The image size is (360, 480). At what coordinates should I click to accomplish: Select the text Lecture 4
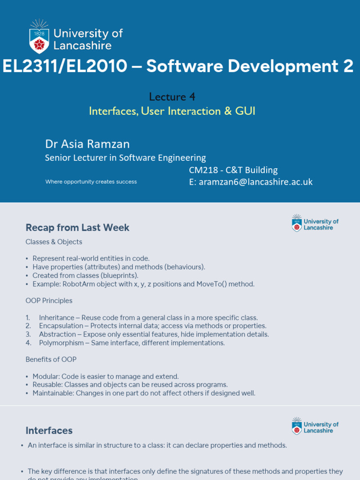tap(172, 97)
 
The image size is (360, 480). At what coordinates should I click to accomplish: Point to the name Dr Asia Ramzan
tap(87, 143)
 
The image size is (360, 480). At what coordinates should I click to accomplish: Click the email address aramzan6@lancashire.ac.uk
tap(255, 182)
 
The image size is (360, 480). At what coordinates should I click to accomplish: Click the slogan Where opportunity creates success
tap(91, 182)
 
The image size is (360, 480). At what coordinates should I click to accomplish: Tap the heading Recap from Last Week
tap(77, 228)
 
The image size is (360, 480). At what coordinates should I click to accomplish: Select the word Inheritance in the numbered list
tap(57, 317)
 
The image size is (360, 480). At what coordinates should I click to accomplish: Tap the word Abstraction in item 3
tap(57, 334)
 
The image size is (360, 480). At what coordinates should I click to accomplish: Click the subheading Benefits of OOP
tap(51, 360)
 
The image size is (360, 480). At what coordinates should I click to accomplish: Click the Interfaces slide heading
tap(49, 430)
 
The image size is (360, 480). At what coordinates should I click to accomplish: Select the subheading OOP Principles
tap(49, 300)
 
